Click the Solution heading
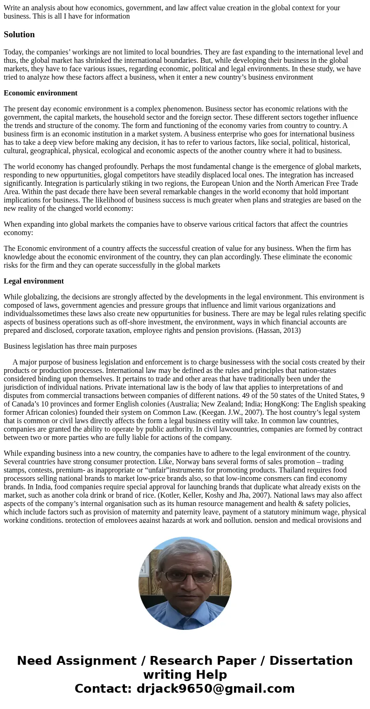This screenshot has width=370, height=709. (19, 34)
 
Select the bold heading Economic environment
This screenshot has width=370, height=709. (41, 93)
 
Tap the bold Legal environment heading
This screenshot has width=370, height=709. (34, 281)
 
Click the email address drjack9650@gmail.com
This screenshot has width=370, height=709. (215, 689)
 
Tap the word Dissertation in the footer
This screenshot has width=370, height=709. (311, 661)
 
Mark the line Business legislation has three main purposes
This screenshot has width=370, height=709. (70, 346)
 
